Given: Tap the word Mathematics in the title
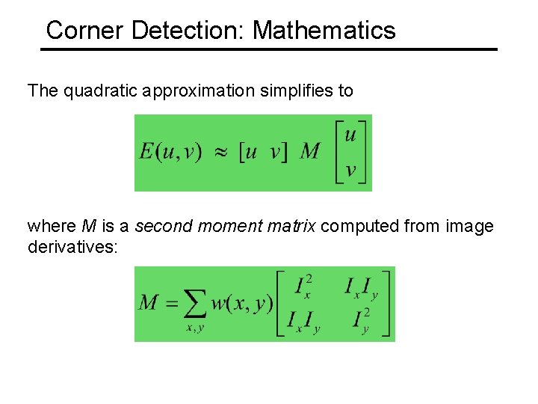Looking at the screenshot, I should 324,31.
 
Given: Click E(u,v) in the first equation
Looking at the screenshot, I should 170,152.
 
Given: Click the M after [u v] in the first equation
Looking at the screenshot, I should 310,152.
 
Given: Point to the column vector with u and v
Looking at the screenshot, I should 350,153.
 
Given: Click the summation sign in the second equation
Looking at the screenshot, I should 196,304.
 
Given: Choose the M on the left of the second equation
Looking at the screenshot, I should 149,303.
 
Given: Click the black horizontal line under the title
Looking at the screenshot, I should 268,49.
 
